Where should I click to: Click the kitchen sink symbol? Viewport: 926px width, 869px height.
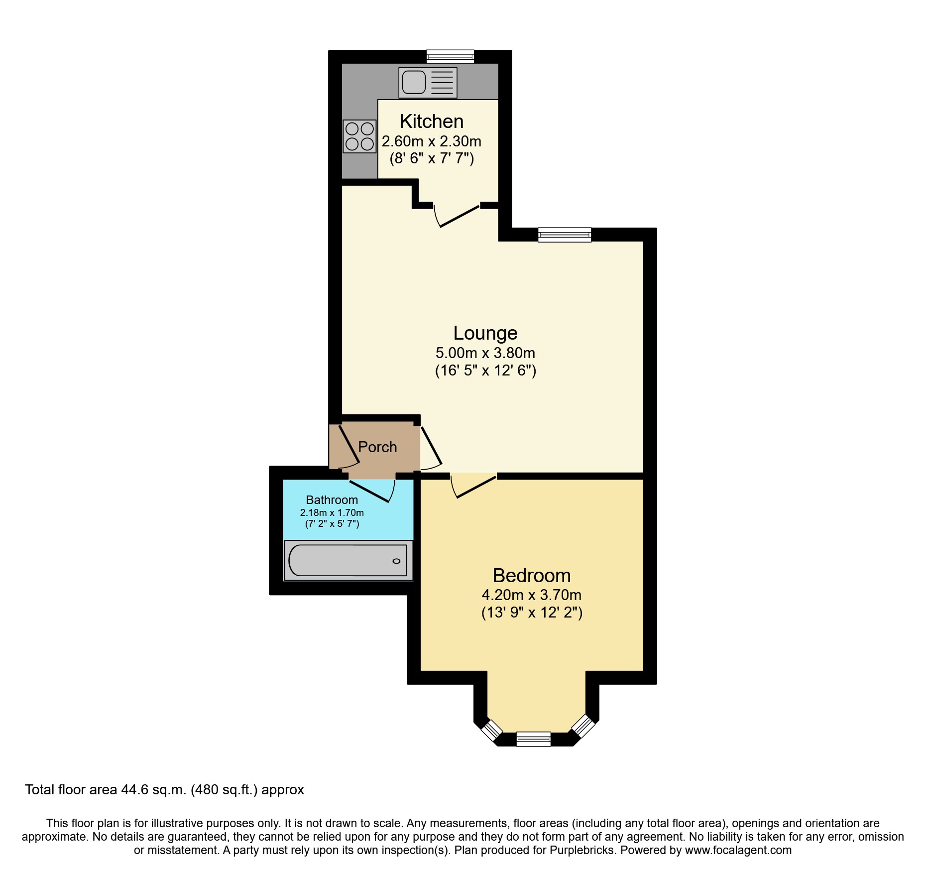(428, 83)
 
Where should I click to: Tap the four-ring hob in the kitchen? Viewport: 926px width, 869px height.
(359, 136)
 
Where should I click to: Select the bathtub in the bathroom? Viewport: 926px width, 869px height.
(348, 560)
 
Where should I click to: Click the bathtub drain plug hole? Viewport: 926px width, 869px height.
(396, 561)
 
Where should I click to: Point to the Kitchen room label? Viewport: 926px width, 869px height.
(431, 122)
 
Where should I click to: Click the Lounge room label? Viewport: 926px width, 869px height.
(485, 333)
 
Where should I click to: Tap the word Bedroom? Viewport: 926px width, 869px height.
(531, 575)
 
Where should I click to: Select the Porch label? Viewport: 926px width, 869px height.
(377, 447)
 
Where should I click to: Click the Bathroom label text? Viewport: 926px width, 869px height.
(332, 499)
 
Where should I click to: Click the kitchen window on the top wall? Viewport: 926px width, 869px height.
(450, 56)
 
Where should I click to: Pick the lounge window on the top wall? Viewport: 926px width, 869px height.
(564, 235)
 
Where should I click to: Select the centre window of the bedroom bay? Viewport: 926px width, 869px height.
(533, 739)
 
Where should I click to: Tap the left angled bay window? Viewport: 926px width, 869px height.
(492, 731)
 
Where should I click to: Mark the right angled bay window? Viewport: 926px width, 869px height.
(583, 727)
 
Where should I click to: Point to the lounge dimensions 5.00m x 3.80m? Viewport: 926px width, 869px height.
(485, 353)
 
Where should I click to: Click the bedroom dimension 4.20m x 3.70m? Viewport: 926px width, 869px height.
(531, 595)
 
